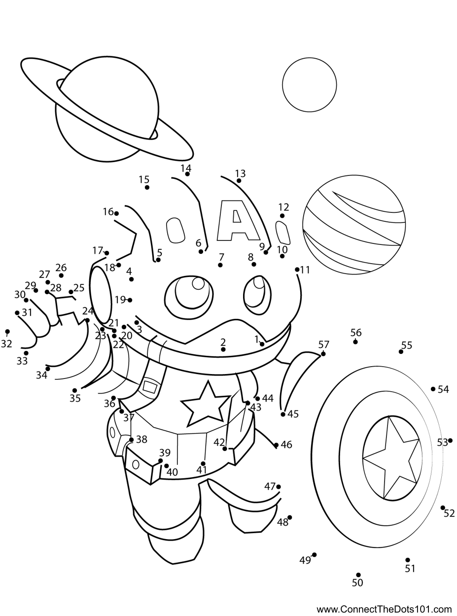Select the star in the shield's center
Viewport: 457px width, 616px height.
click(391, 457)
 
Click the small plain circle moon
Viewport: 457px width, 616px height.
click(309, 85)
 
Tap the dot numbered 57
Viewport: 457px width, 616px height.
click(323, 354)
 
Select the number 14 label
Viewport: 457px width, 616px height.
click(186, 168)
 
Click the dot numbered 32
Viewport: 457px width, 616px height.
click(7, 332)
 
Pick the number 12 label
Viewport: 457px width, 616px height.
click(283, 207)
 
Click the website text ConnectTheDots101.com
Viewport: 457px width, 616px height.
click(384, 608)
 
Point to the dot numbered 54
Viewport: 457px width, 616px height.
click(433, 389)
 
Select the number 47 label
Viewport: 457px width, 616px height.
click(270, 486)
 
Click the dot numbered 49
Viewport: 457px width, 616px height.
click(314, 555)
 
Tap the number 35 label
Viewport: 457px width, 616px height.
click(75, 399)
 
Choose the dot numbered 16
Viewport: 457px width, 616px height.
click(116, 213)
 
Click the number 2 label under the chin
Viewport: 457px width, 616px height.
click(223, 342)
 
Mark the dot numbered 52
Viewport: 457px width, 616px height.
click(443, 508)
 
